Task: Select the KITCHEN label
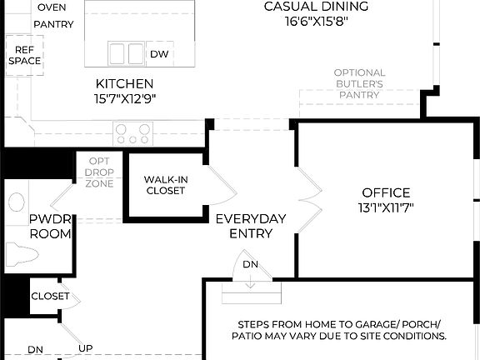click(x=124, y=83)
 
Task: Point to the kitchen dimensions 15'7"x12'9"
click(x=124, y=98)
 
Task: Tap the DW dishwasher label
click(x=158, y=55)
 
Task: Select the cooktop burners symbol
click(x=134, y=131)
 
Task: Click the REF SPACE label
click(x=24, y=56)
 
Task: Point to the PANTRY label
click(x=53, y=24)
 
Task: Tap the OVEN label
click(x=52, y=7)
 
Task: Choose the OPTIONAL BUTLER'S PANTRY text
click(x=358, y=84)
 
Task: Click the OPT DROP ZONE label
click(x=99, y=172)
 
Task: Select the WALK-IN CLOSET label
click(x=165, y=185)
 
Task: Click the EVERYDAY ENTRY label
click(x=250, y=226)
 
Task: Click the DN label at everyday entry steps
click(x=250, y=264)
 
